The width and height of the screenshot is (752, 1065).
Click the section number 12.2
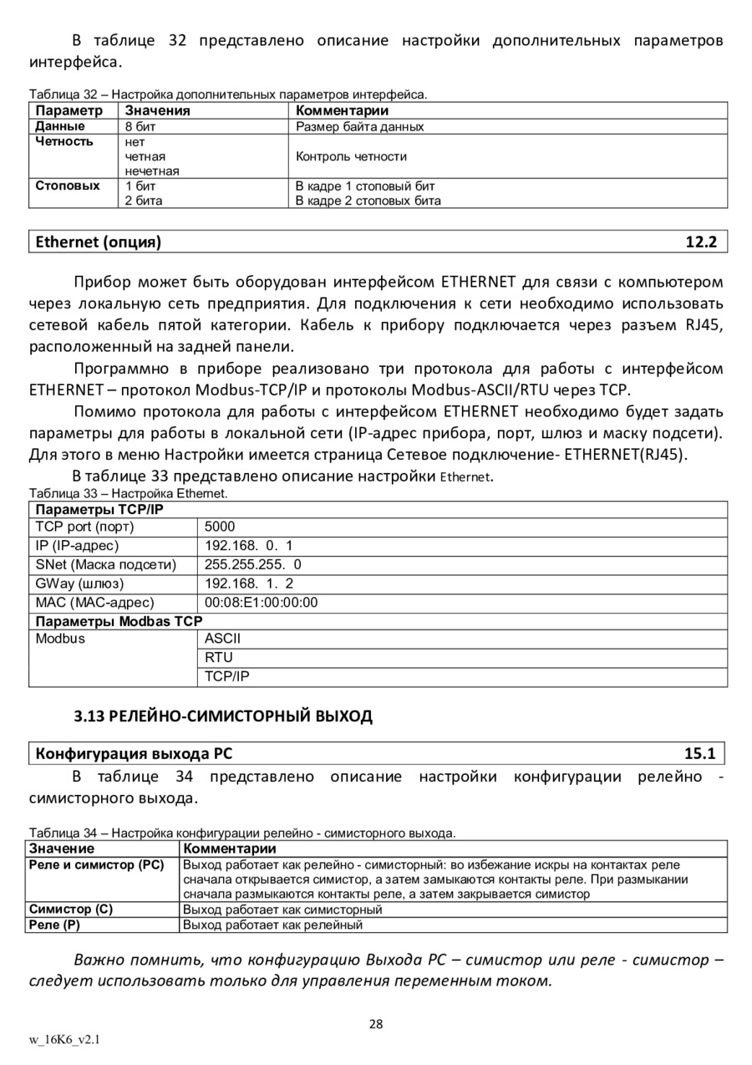click(x=701, y=242)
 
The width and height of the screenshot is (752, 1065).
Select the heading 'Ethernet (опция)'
click(x=98, y=242)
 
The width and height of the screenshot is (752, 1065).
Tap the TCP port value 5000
click(x=220, y=527)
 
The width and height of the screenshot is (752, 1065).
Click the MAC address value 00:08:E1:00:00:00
click(x=261, y=602)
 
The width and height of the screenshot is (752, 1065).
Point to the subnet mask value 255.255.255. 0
click(x=253, y=564)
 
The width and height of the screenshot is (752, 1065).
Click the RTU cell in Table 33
click(x=219, y=657)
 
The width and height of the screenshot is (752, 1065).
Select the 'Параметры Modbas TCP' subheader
click(x=118, y=621)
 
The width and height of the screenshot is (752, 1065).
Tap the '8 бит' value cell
click(x=140, y=126)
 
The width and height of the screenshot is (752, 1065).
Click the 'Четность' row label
click(x=64, y=141)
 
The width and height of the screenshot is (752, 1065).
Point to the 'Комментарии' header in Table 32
click(x=343, y=110)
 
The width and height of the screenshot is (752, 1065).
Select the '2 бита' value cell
click(x=144, y=201)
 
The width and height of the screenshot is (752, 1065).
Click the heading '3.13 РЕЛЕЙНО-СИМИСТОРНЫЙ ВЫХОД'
click(x=222, y=716)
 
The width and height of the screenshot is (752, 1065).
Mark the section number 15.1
click(x=699, y=753)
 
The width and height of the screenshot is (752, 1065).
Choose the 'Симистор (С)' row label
click(x=70, y=909)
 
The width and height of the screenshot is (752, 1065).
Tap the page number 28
click(x=376, y=1024)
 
